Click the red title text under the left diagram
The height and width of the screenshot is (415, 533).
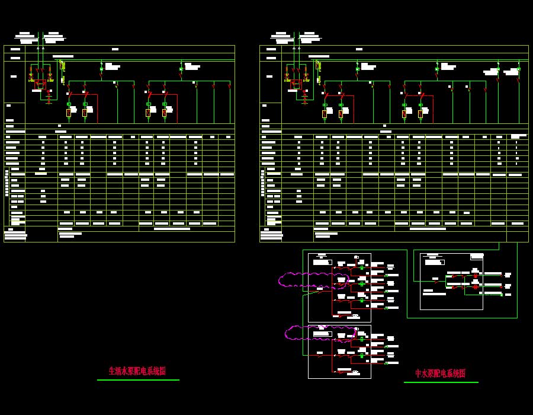point(137,371)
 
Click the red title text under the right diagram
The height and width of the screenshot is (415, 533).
point(440,373)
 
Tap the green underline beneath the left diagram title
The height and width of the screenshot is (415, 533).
point(138,380)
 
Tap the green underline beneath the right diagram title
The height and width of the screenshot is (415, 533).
point(441,382)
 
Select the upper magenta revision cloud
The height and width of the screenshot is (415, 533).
point(313,280)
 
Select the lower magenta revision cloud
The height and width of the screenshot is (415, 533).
point(320,333)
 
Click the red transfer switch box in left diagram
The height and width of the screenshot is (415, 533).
point(40,84)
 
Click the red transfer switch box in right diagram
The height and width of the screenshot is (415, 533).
point(296,84)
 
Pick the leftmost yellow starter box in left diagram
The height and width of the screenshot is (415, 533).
point(69,113)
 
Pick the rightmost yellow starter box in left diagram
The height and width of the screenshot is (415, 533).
point(165,113)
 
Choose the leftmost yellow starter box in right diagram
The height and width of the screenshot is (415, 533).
point(325,113)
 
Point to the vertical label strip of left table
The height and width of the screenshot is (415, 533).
point(7,183)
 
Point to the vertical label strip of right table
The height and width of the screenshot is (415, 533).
point(263,183)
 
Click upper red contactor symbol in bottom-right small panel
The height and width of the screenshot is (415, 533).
point(475,276)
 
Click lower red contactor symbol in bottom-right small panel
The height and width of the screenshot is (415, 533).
point(475,287)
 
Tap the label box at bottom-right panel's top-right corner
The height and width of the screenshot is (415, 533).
point(477,257)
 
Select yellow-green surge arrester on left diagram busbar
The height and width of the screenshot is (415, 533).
point(63,66)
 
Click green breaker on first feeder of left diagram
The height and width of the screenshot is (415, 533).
point(101,69)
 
